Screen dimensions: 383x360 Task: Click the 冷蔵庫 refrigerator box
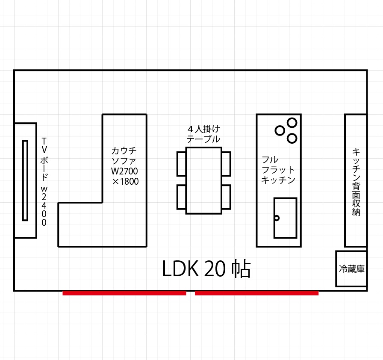click(351, 269)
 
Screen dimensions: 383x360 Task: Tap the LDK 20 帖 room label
click(206, 269)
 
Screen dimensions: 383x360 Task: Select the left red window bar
click(124, 293)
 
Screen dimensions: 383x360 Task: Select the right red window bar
click(257, 293)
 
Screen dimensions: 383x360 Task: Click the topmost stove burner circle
click(292, 123)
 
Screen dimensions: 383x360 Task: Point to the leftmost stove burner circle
click(280, 130)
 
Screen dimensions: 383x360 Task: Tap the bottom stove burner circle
click(292, 139)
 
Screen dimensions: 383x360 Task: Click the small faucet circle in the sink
click(277, 218)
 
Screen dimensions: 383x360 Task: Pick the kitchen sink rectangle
click(285, 218)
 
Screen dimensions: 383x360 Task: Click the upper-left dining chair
click(181, 164)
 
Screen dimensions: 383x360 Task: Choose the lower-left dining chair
click(181, 197)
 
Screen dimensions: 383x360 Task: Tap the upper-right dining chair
click(226, 164)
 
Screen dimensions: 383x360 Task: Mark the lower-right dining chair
click(226, 197)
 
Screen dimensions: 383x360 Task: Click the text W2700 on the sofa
click(124, 171)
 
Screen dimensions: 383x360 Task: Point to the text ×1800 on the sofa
click(125, 181)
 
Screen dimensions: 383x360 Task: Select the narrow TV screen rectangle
click(25, 180)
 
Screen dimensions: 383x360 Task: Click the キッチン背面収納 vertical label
click(356, 182)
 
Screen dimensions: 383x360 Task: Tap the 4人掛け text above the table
click(204, 129)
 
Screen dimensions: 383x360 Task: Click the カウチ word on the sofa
click(124, 150)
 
